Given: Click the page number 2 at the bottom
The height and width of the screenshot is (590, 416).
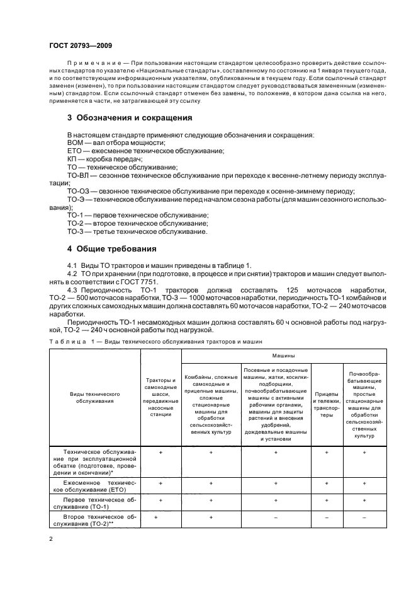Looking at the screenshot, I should point(50,540).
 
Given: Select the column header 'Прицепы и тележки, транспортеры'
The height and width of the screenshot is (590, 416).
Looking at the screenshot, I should point(326,400).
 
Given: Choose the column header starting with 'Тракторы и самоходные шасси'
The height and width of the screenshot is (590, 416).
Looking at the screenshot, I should point(161,397).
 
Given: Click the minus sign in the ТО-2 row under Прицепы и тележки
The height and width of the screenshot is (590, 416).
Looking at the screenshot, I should point(326,517).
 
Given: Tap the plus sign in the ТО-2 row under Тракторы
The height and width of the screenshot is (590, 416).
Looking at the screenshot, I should point(156,517).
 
